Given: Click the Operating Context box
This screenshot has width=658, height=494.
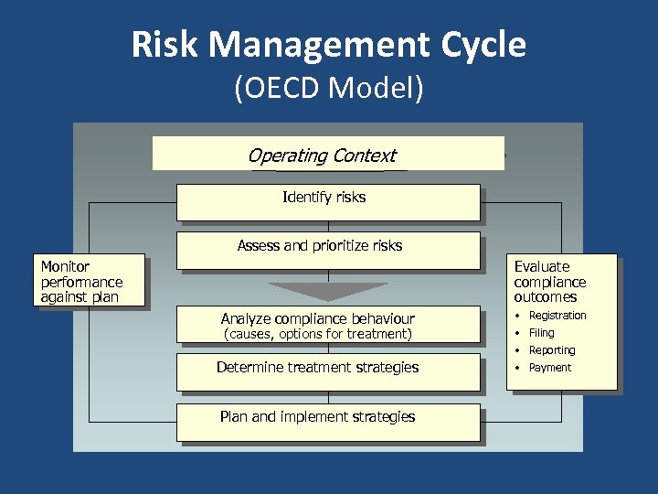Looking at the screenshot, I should [327, 155].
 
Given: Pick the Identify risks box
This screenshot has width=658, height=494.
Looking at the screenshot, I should [327, 201].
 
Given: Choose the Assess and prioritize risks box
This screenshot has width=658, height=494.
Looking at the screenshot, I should [327, 249].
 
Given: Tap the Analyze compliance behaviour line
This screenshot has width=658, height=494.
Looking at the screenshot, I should [317, 318].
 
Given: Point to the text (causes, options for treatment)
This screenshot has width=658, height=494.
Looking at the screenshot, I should [318, 335].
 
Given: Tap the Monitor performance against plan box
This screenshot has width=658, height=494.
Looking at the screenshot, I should [90, 281].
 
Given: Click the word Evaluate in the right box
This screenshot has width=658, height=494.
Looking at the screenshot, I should [541, 266].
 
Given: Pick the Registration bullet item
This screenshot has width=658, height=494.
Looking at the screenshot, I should [557, 316].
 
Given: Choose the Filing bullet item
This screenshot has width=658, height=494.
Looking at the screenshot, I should [541, 333].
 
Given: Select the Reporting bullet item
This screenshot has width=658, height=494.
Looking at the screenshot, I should [551, 350].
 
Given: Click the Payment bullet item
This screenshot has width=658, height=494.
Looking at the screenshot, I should [549, 368].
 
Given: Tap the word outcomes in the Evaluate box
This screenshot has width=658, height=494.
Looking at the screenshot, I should [545, 297].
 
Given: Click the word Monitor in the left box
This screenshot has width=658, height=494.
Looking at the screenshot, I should [65, 266].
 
